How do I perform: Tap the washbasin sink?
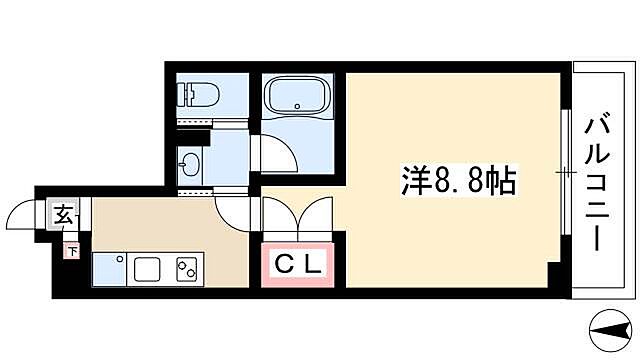(186, 163)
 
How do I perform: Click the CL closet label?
(298, 265)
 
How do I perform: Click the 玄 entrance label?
(63, 213)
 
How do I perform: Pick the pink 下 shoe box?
(72, 250)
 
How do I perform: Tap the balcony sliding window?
(565, 176)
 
